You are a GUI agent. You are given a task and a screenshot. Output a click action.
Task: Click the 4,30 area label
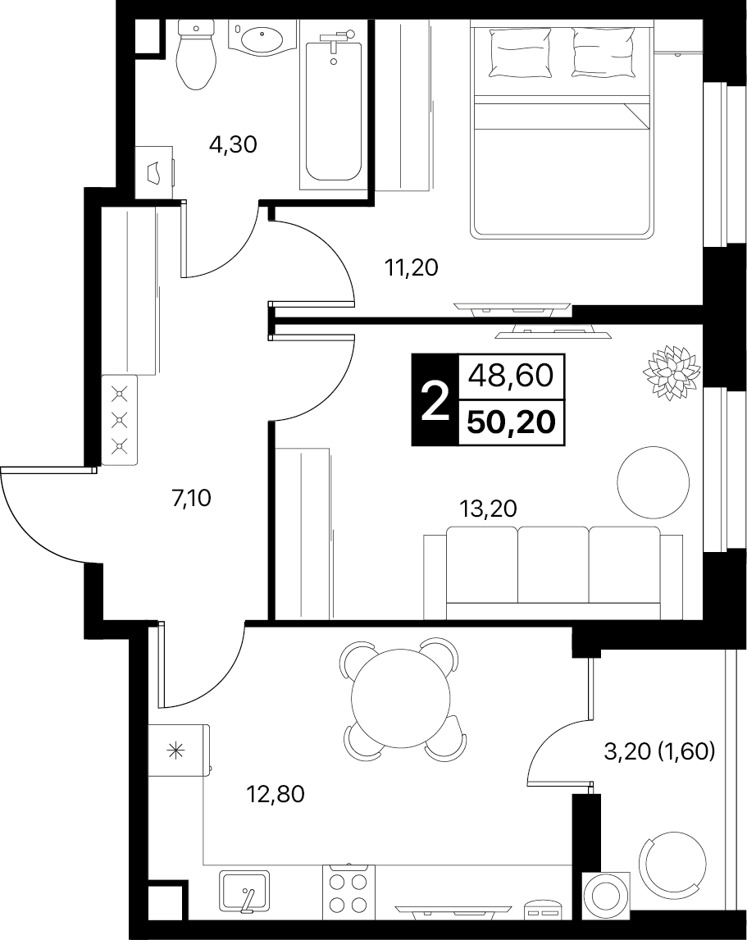point(233,144)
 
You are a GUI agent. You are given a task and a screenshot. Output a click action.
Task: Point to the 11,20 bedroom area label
point(412,267)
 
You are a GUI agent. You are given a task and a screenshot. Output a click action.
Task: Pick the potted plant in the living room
point(672,372)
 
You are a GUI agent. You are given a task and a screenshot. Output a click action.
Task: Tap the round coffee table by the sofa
point(653,481)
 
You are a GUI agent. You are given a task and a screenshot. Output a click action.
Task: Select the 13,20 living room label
point(488,509)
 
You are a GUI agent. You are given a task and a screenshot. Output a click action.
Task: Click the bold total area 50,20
point(512,422)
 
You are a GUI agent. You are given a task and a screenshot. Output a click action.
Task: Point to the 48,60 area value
point(511,376)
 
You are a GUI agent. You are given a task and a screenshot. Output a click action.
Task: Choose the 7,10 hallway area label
point(191,498)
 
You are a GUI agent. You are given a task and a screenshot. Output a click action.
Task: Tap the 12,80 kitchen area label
point(276,794)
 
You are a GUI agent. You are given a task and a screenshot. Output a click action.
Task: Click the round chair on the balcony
point(672,863)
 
